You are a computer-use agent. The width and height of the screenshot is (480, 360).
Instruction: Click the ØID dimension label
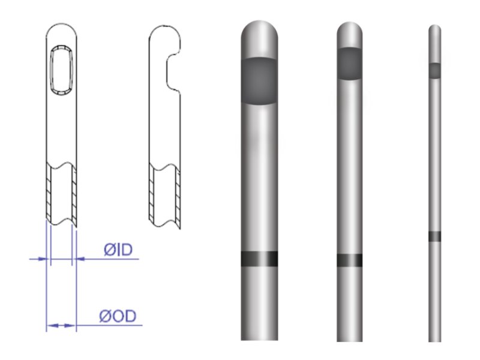(x=118, y=250)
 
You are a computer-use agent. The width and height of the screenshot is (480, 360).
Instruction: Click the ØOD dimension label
(x=118, y=316)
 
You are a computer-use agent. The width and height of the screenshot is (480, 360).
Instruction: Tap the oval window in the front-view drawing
(x=62, y=70)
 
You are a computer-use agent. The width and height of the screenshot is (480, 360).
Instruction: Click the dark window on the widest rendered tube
(x=260, y=81)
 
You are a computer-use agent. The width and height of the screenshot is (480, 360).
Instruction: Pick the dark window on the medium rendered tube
(x=350, y=64)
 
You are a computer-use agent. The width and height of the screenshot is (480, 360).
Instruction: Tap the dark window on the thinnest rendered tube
(x=434, y=71)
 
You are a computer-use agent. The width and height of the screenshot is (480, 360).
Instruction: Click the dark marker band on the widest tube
(x=260, y=259)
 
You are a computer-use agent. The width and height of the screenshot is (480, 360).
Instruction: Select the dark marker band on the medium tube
(x=350, y=260)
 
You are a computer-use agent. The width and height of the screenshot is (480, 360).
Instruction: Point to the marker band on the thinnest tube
(x=434, y=236)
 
